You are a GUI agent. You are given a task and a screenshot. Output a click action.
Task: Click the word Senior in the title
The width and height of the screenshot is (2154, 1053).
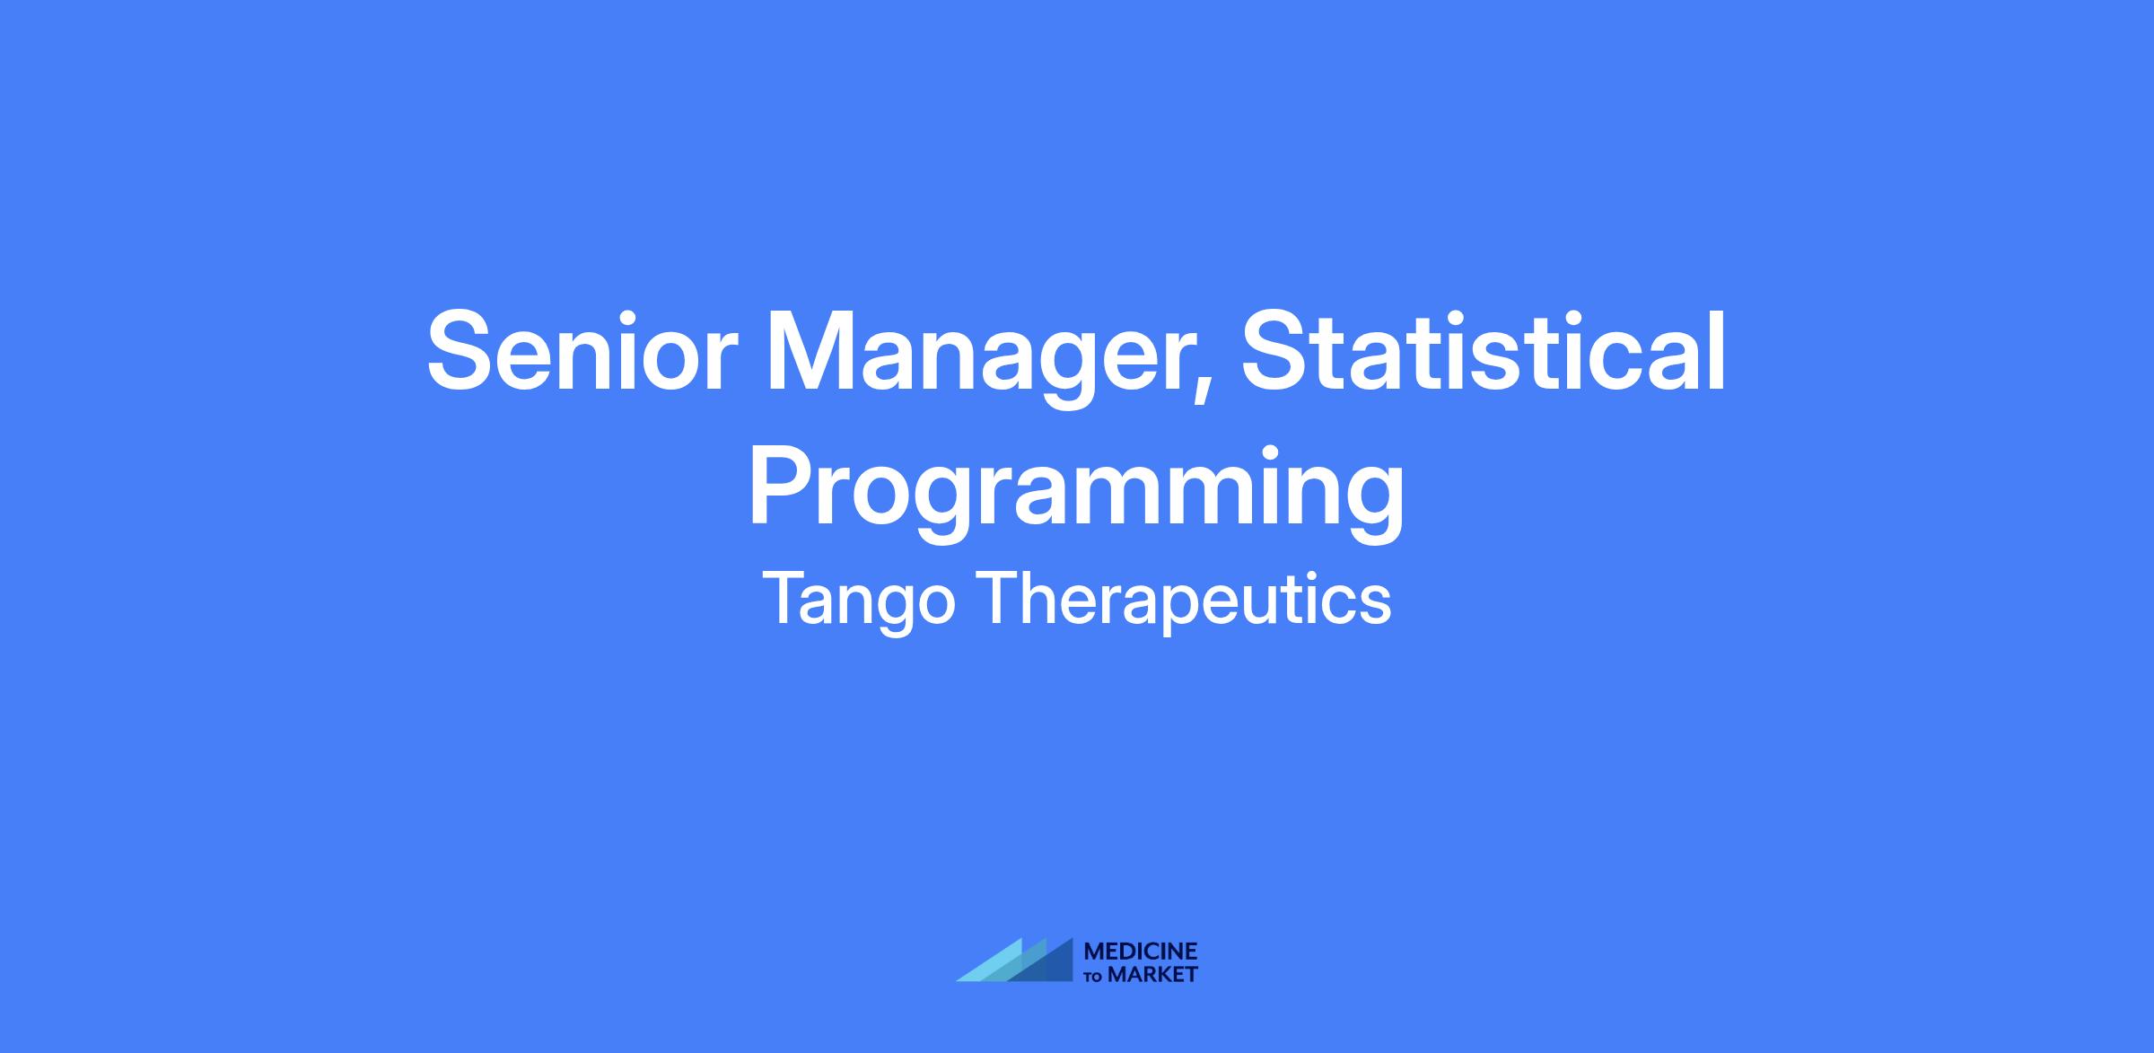coord(575,352)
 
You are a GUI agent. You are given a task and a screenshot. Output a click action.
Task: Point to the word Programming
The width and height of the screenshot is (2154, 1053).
coord(1076,492)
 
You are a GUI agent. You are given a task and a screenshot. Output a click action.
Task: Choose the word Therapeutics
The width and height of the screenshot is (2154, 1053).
coord(1186,599)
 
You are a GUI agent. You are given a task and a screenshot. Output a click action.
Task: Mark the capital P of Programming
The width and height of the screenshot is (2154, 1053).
coord(784,485)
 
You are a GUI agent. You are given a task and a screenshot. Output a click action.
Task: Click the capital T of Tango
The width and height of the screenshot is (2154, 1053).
coord(788,597)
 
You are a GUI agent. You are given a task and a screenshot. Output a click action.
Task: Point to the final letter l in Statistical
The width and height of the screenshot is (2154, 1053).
coord(1717,349)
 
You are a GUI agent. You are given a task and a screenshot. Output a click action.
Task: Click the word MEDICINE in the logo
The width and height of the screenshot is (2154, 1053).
coord(1141,952)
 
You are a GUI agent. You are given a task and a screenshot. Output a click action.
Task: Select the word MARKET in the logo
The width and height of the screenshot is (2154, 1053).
coord(1152,974)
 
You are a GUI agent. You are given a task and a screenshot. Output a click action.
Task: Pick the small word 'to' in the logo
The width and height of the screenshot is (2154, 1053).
coord(1095,976)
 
